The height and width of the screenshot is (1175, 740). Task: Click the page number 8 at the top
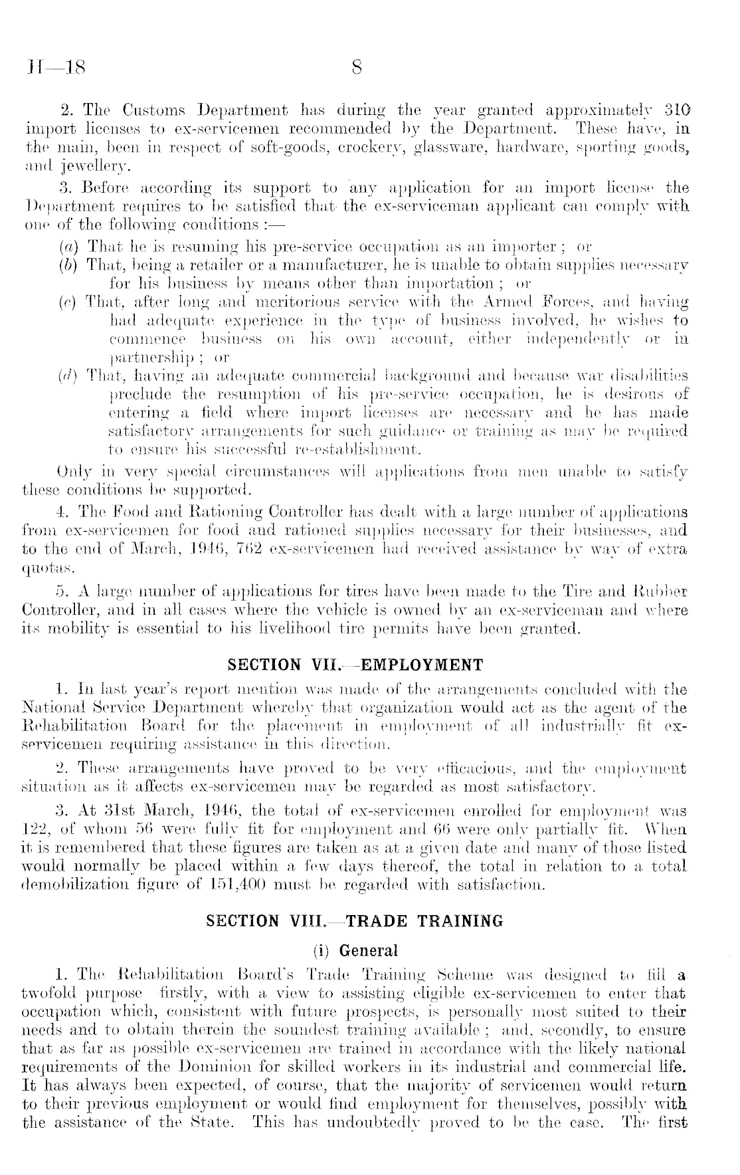pyautogui.click(x=357, y=67)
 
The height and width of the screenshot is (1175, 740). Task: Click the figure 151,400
pyautogui.click(x=157, y=884)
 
